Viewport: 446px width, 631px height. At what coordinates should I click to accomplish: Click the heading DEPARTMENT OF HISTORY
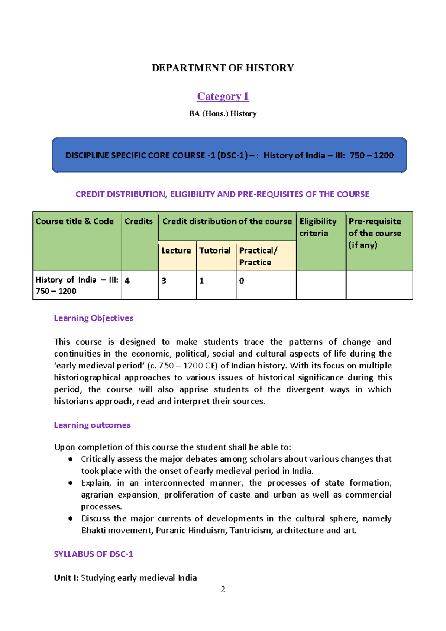(223, 68)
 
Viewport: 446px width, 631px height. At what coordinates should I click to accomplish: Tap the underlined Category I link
(223, 96)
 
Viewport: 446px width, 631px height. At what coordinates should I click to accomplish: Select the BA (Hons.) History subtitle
(223, 114)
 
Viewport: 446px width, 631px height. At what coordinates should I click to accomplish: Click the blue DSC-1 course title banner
(229, 155)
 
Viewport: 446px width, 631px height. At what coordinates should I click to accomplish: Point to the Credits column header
(139, 221)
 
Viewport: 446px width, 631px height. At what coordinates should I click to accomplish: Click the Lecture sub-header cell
(176, 251)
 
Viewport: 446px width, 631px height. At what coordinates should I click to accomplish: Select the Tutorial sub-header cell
(215, 251)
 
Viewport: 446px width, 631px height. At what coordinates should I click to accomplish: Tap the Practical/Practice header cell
(258, 256)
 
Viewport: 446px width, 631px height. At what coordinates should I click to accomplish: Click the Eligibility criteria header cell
(318, 227)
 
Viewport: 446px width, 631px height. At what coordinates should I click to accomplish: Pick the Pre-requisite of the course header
(375, 233)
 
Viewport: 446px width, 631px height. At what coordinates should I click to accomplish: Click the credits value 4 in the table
(127, 281)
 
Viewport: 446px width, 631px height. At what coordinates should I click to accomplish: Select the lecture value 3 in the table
(164, 281)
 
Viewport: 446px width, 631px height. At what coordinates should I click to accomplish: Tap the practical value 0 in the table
(242, 281)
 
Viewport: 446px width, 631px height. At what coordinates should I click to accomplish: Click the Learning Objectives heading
(93, 318)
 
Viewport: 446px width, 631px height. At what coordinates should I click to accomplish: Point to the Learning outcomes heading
(92, 425)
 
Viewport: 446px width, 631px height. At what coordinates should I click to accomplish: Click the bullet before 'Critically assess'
(70, 459)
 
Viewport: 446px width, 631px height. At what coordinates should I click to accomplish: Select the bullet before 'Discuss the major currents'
(70, 519)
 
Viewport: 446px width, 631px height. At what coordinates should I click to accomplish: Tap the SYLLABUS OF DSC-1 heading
(93, 554)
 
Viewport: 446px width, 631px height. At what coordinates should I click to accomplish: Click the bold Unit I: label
(66, 578)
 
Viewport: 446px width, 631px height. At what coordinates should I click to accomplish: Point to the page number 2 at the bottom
(223, 589)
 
